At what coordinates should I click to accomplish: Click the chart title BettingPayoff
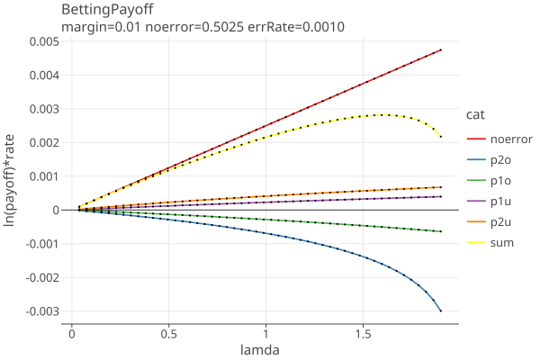pyautogui.click(x=107, y=10)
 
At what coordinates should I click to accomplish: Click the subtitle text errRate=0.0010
pyautogui.click(x=298, y=27)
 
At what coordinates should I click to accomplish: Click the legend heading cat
pyautogui.click(x=476, y=114)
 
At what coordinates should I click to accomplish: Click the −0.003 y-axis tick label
pyautogui.click(x=40, y=311)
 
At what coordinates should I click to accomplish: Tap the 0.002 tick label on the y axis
pyautogui.click(x=43, y=142)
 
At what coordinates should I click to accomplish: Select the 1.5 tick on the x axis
pyautogui.click(x=363, y=333)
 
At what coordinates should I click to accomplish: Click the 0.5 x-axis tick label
pyautogui.click(x=168, y=333)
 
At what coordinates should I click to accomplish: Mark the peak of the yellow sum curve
pyautogui.click(x=382, y=115)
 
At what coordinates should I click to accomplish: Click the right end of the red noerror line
pyautogui.click(x=441, y=49)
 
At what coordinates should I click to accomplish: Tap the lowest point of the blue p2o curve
pyautogui.click(x=441, y=311)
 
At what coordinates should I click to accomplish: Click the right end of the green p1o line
pyautogui.click(x=441, y=231)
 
